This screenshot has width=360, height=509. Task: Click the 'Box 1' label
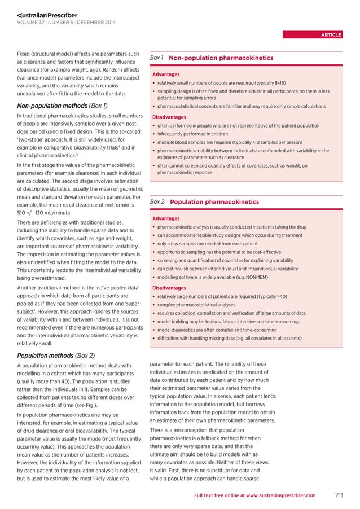pos(157,58)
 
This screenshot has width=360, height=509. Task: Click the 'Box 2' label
pos(157,201)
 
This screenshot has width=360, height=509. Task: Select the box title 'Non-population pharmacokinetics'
pos(221,58)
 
